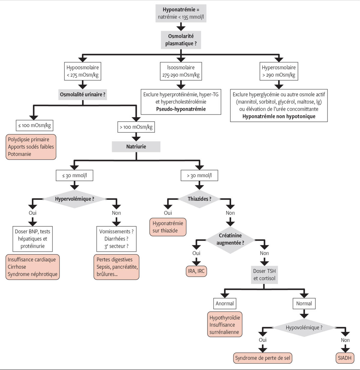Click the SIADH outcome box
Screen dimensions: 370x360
tap(344, 358)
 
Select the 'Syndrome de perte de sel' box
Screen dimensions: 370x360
tap(262, 358)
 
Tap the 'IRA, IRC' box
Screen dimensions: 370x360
tap(196, 271)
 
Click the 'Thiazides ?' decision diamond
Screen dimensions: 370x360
tap(199, 199)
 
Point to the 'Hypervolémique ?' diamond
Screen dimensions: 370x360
tap(74, 199)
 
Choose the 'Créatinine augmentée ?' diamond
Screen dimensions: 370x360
tap(230, 239)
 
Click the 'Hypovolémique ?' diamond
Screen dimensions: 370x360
tap(304, 327)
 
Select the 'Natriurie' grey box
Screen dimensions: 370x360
tap(136, 147)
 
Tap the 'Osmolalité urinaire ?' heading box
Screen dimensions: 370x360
tap(82, 94)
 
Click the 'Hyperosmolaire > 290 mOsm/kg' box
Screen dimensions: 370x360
tap(279, 71)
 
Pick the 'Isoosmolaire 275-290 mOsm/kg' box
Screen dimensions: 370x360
tap(181, 71)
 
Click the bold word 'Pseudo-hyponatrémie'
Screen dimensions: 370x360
tap(181, 109)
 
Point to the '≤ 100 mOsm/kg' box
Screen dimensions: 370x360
tap(34, 125)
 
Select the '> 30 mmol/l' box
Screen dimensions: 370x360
tap(199, 175)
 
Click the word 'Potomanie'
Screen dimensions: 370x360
tap(19, 154)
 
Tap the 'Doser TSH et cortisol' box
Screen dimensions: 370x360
tap(264, 275)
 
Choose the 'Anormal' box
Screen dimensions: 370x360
tap(224, 303)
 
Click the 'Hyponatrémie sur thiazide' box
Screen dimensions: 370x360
tap(168, 227)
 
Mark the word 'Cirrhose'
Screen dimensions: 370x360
tap(17, 267)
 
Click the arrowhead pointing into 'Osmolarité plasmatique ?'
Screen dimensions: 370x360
tap(181, 28)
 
